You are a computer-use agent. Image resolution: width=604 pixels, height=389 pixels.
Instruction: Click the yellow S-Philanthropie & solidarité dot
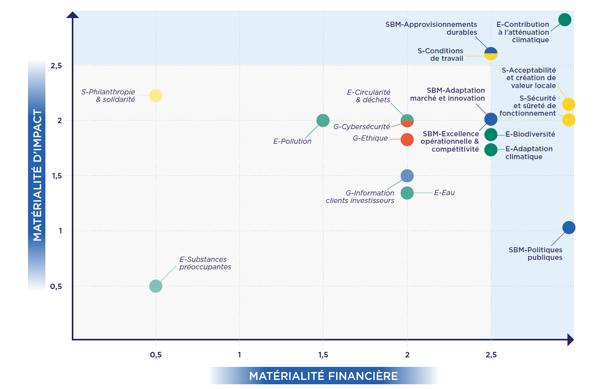[x=155, y=96]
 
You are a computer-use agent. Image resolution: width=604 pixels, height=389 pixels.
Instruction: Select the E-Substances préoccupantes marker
[x=155, y=286]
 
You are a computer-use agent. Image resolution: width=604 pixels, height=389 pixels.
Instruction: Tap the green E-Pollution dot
[x=323, y=120]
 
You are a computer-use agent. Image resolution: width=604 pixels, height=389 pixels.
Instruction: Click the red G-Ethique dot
[x=407, y=139]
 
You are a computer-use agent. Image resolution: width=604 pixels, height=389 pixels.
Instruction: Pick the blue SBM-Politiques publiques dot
[x=568, y=227]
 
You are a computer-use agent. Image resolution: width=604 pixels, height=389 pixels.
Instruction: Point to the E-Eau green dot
[x=407, y=193]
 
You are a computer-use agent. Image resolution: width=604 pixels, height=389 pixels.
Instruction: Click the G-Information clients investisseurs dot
[x=407, y=176]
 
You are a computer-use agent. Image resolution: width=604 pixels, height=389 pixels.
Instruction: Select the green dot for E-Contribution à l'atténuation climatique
[x=565, y=20]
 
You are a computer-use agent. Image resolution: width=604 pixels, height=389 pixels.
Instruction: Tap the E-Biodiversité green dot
[x=491, y=135]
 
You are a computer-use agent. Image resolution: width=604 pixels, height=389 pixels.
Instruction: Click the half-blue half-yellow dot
[x=491, y=53]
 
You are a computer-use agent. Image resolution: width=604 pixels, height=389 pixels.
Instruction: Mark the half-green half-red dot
[x=407, y=120]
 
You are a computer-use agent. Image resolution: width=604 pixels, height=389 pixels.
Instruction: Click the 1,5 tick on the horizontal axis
[x=323, y=355]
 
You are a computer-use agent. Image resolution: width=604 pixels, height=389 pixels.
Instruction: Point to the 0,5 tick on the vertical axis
[x=56, y=286]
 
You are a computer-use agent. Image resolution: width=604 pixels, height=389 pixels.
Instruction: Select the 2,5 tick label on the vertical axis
[x=56, y=66]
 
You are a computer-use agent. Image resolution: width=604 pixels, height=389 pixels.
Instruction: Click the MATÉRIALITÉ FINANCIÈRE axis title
[x=324, y=376]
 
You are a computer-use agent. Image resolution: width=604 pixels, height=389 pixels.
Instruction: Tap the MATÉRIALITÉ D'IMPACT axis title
[x=37, y=175]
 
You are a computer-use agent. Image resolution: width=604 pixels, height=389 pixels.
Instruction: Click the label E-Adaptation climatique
[x=529, y=153]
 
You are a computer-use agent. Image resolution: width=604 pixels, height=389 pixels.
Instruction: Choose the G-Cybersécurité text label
[x=361, y=127]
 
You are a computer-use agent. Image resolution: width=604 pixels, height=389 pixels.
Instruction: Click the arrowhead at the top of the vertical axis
[x=73, y=15]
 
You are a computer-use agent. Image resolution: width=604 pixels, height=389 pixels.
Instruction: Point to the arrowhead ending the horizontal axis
[x=570, y=340]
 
